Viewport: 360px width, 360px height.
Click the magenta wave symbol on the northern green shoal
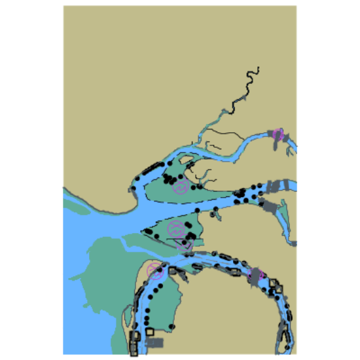[181, 187]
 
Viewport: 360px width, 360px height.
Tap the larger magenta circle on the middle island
[175, 229]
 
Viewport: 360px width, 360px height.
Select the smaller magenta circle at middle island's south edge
[185, 245]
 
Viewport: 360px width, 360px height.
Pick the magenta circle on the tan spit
[155, 270]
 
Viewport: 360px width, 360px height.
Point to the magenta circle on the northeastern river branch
[278, 135]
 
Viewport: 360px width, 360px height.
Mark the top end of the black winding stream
[259, 68]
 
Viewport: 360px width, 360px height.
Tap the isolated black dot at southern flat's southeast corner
[172, 326]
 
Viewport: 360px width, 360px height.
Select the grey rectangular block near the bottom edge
[155, 342]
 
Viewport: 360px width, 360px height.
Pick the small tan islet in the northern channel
[186, 158]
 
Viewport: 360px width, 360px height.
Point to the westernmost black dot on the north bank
[133, 189]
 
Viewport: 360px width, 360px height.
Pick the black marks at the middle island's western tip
[149, 232]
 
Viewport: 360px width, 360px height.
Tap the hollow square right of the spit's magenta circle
[172, 270]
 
